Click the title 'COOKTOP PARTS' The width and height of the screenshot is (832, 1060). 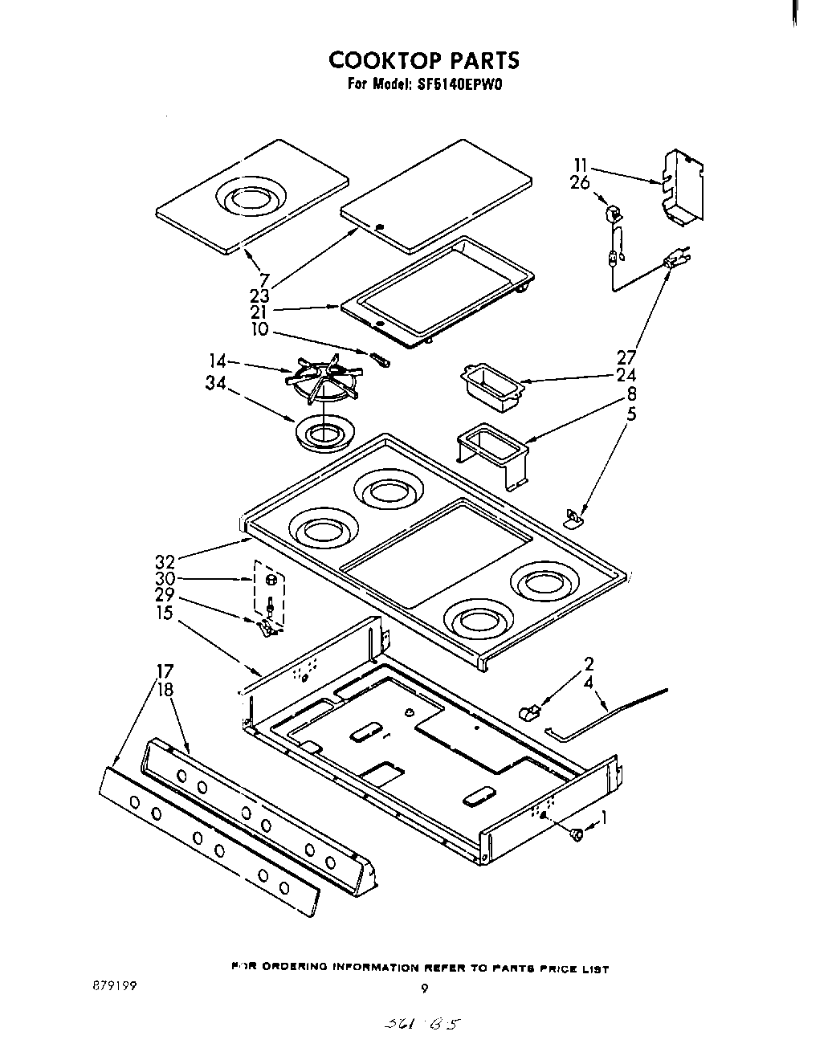coord(424,60)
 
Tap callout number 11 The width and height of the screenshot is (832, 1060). coord(581,167)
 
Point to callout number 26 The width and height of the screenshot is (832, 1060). coord(580,183)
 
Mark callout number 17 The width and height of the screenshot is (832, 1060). coord(165,671)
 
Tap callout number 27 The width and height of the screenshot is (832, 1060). coord(626,357)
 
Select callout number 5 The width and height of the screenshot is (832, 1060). coord(631,415)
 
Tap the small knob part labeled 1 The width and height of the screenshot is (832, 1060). coord(576,835)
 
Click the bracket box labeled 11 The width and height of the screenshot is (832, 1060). coord(682,185)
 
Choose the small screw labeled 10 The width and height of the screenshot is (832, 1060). coord(381,359)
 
